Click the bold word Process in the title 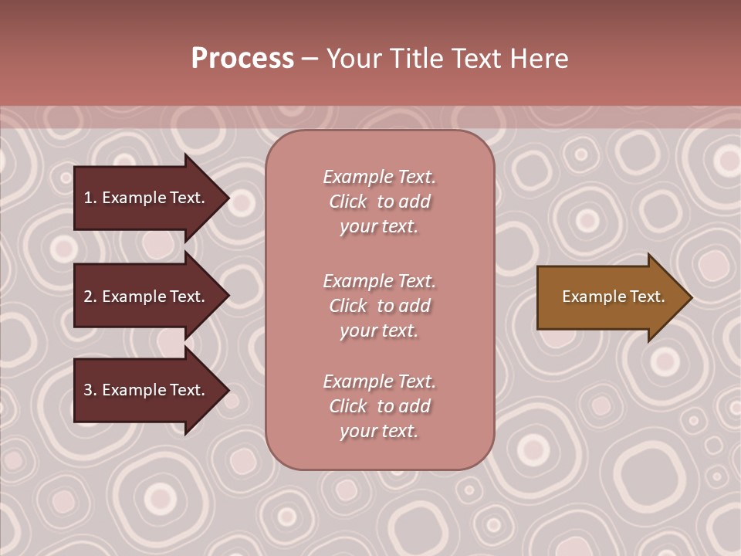point(242,59)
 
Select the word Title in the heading point(417,59)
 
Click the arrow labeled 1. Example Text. point(144,198)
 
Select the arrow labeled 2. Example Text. point(144,297)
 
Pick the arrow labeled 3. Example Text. point(144,390)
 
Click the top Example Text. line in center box point(379,177)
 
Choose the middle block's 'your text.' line point(379,331)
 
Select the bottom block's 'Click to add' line point(379,406)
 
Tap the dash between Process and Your point(310,59)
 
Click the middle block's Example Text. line point(379,281)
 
